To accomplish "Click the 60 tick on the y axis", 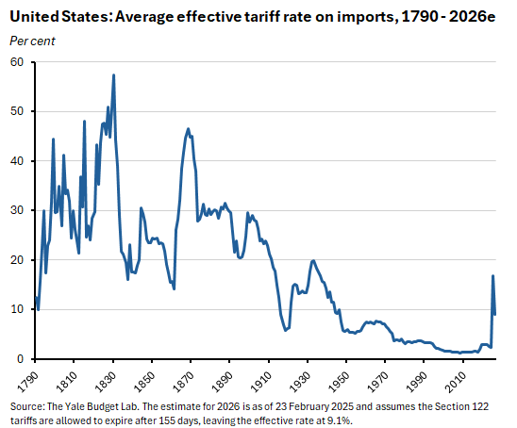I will click(16, 62).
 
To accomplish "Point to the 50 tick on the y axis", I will click(16, 111).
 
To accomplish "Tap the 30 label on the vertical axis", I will click(16, 210).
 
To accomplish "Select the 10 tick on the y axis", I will click(16, 309).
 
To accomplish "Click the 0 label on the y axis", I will click(19, 359).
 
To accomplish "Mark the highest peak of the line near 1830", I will click(114, 74).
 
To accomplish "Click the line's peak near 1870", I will click(189, 129).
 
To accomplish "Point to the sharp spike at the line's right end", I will click(492, 276).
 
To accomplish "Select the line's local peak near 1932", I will click(313, 261).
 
